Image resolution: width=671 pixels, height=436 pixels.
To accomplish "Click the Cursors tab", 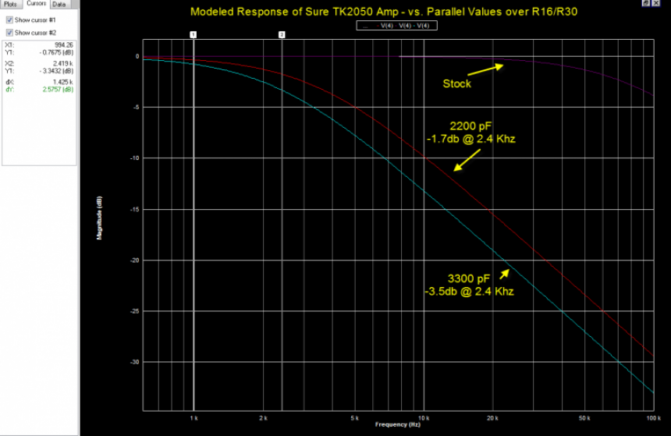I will (x=37, y=4).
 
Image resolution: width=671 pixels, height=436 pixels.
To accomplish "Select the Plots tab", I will (x=11, y=4).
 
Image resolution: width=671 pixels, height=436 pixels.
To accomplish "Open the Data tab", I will (x=59, y=4).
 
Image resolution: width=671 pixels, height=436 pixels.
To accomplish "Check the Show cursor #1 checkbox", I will (x=9, y=19).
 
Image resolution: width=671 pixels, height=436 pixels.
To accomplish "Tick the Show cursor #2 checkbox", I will (x=9, y=33).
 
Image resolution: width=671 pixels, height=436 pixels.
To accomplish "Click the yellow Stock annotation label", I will (x=456, y=83).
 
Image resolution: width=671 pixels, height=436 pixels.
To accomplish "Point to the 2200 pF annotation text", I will (x=470, y=126).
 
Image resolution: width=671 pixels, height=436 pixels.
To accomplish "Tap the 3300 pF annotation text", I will (x=470, y=278).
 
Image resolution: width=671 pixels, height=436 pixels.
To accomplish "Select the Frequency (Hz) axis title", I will (x=391, y=425).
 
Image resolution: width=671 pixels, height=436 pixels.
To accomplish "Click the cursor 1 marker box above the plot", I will (x=193, y=35).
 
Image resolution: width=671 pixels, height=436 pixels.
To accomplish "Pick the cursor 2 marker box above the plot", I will (x=282, y=35).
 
